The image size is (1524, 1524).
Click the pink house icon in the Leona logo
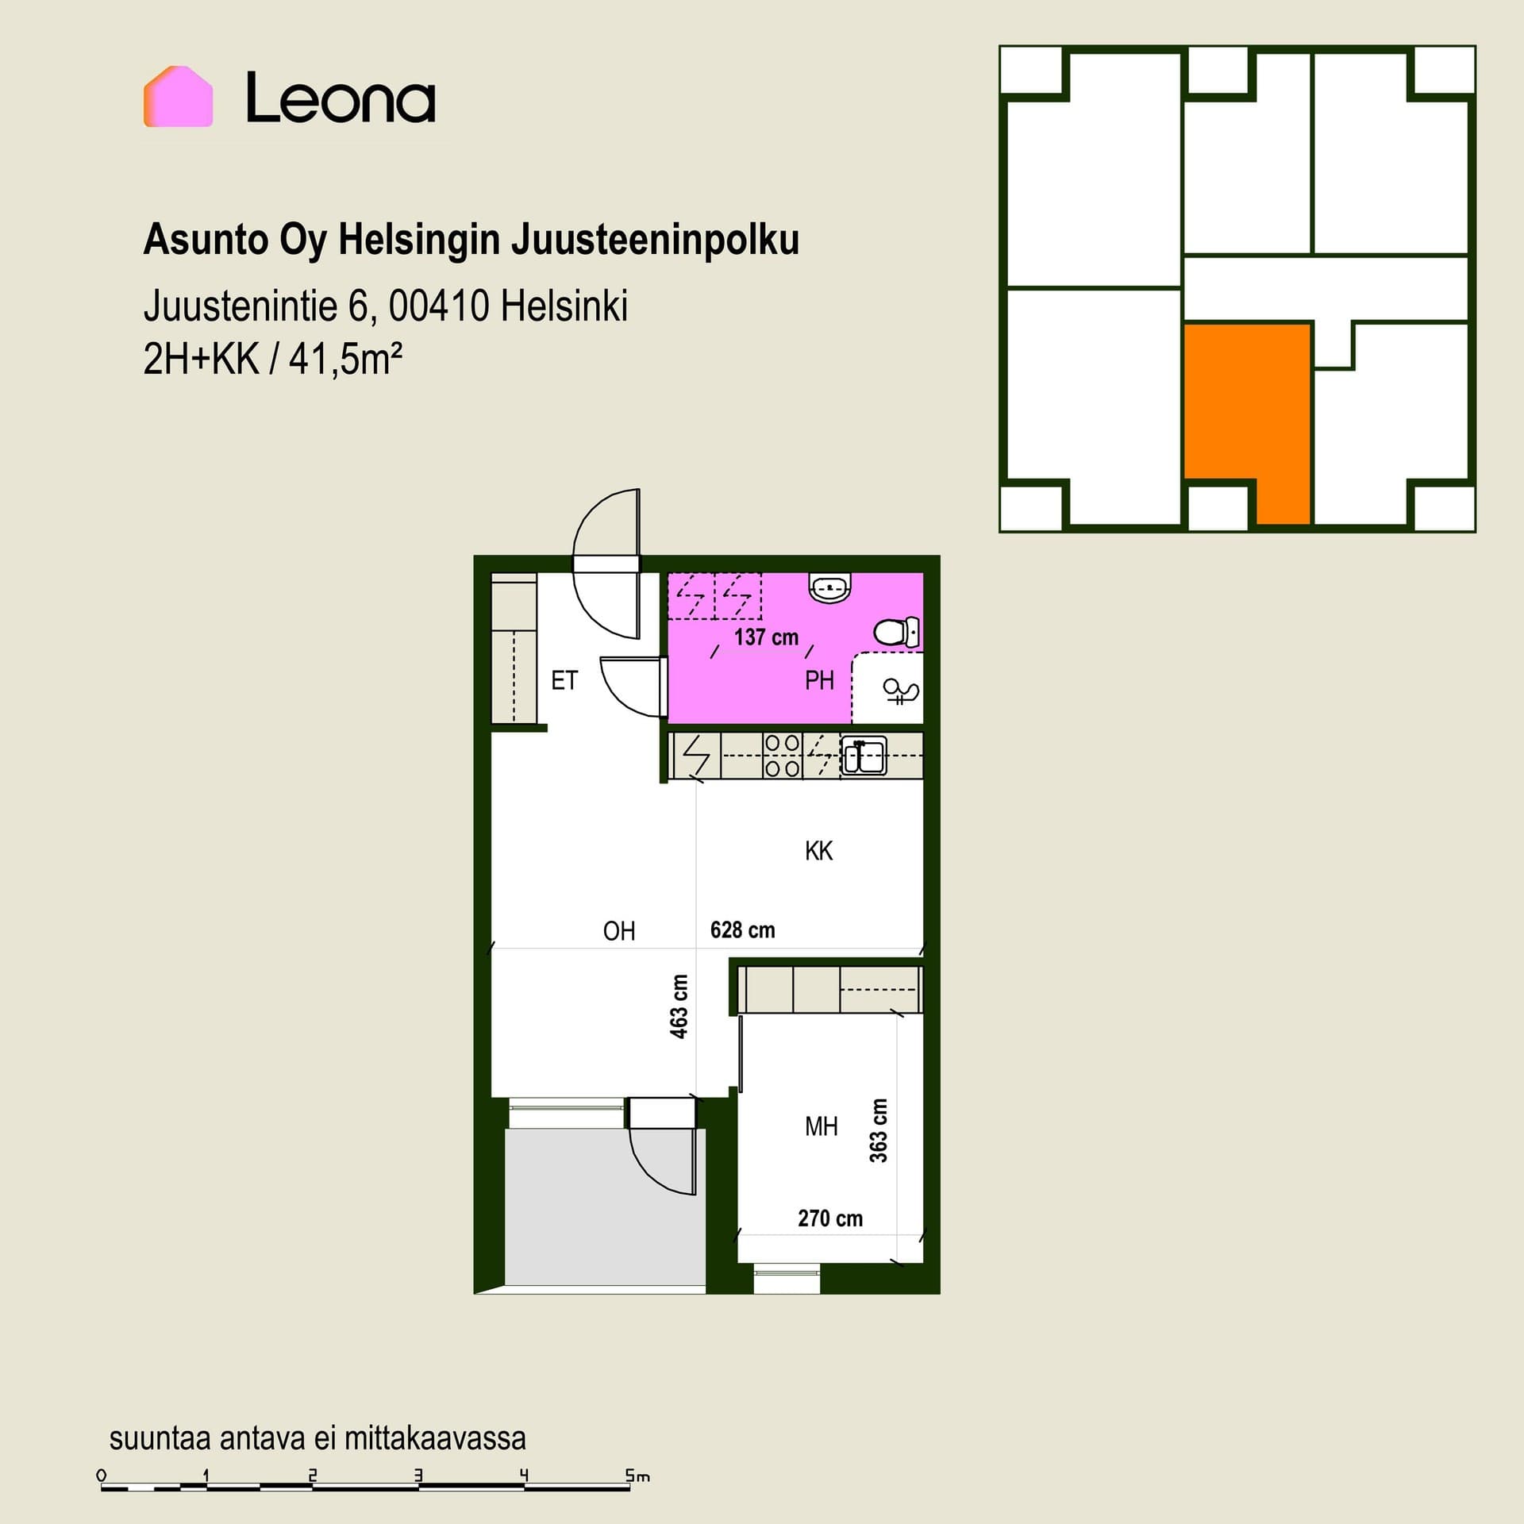[178, 96]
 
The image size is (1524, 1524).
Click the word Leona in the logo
[341, 98]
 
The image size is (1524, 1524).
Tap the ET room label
[564, 680]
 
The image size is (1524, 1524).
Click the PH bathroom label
[819, 680]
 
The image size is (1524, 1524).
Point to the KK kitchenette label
[818, 851]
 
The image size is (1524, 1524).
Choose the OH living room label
[619, 930]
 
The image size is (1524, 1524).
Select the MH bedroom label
[821, 1126]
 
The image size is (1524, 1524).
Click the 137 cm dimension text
[766, 637]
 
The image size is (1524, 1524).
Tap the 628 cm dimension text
[742, 929]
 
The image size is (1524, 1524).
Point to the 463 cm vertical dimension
[679, 1006]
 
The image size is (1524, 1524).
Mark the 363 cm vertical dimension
[878, 1130]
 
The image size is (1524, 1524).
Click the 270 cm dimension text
[829, 1218]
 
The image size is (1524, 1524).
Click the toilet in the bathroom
[897, 632]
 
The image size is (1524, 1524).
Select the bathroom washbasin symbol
[829, 587]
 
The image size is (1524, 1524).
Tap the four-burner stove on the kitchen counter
[782, 755]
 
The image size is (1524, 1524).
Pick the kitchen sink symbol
[864, 755]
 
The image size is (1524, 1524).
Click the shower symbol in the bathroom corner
[901, 691]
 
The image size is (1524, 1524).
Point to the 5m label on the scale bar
[637, 1476]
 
